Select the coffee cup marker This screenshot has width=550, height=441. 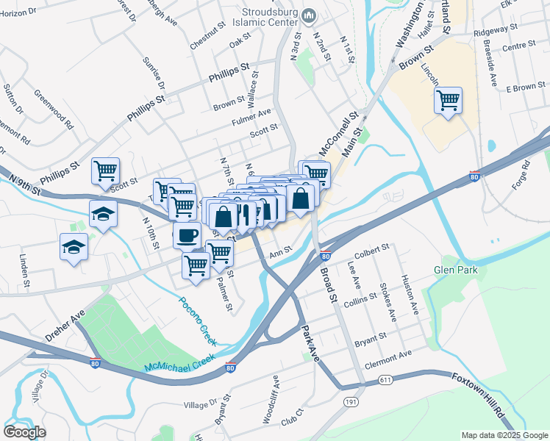point(186,235)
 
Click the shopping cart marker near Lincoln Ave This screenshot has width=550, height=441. point(448,100)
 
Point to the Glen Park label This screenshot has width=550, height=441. point(456,270)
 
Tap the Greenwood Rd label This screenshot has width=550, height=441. point(54,109)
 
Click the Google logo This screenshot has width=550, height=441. point(24,431)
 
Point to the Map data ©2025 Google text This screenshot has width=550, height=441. point(504,435)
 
